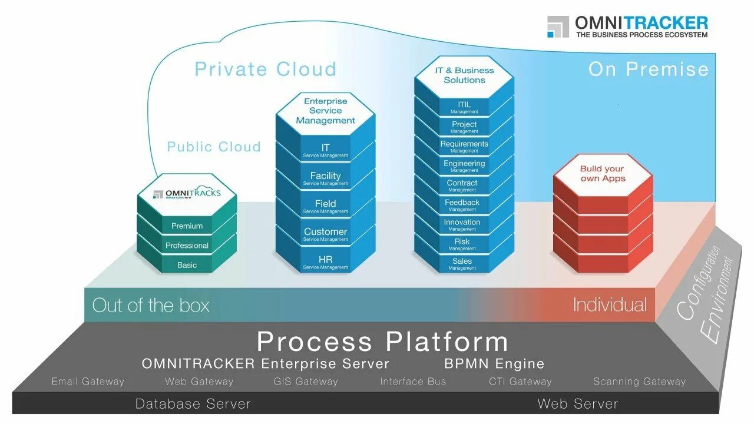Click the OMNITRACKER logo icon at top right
point(557,27)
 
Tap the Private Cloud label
point(266,69)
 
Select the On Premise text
point(648,69)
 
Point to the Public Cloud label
point(214,147)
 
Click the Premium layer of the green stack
point(187,226)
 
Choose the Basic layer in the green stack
point(187,265)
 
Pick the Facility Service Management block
point(325,178)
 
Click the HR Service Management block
point(325,262)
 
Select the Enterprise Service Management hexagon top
point(325,111)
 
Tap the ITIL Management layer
point(464,107)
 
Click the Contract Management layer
point(462,185)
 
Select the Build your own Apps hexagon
point(603,174)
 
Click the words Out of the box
point(151,305)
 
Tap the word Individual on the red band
point(609,304)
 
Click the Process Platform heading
point(382,342)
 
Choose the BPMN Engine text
point(494,363)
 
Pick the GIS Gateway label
point(306,382)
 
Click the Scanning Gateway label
point(639,382)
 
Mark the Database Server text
point(193,404)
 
